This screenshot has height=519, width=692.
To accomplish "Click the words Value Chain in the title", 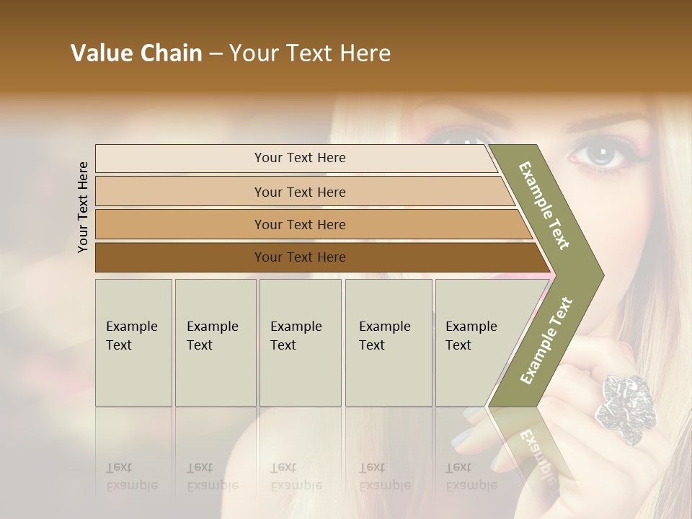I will pyautogui.click(x=136, y=53).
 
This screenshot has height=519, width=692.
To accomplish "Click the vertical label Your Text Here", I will pyautogui.click(x=83, y=207).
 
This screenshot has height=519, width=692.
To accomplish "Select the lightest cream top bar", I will pyautogui.click(x=299, y=158).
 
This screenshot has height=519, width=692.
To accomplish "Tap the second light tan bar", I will pyautogui.click(x=299, y=192).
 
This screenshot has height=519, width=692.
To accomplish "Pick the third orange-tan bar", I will pyautogui.click(x=299, y=224).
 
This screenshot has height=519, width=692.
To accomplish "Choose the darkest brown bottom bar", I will pyautogui.click(x=299, y=257).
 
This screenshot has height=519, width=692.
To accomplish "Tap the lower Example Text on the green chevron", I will pyautogui.click(x=546, y=341).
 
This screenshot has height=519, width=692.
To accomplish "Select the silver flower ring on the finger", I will pyautogui.click(x=622, y=408).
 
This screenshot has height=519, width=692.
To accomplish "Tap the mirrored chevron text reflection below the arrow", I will pyautogui.click(x=537, y=454).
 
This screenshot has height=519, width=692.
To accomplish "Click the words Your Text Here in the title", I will pyautogui.click(x=310, y=53).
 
